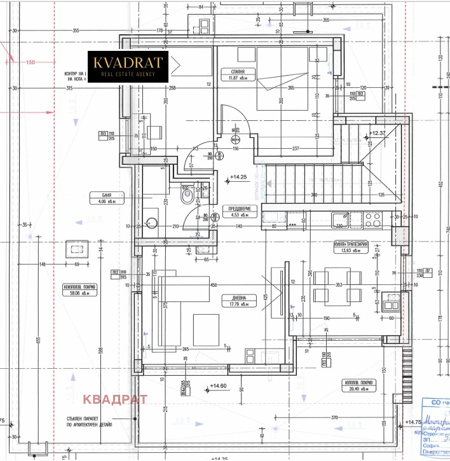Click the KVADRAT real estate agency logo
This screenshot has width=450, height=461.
(127, 66)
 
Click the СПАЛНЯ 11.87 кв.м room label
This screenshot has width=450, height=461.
(230, 75)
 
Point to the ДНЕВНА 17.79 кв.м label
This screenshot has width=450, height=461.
(229, 300)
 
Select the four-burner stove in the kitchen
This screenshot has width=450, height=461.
(373, 220)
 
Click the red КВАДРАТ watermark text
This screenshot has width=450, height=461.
(116, 399)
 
